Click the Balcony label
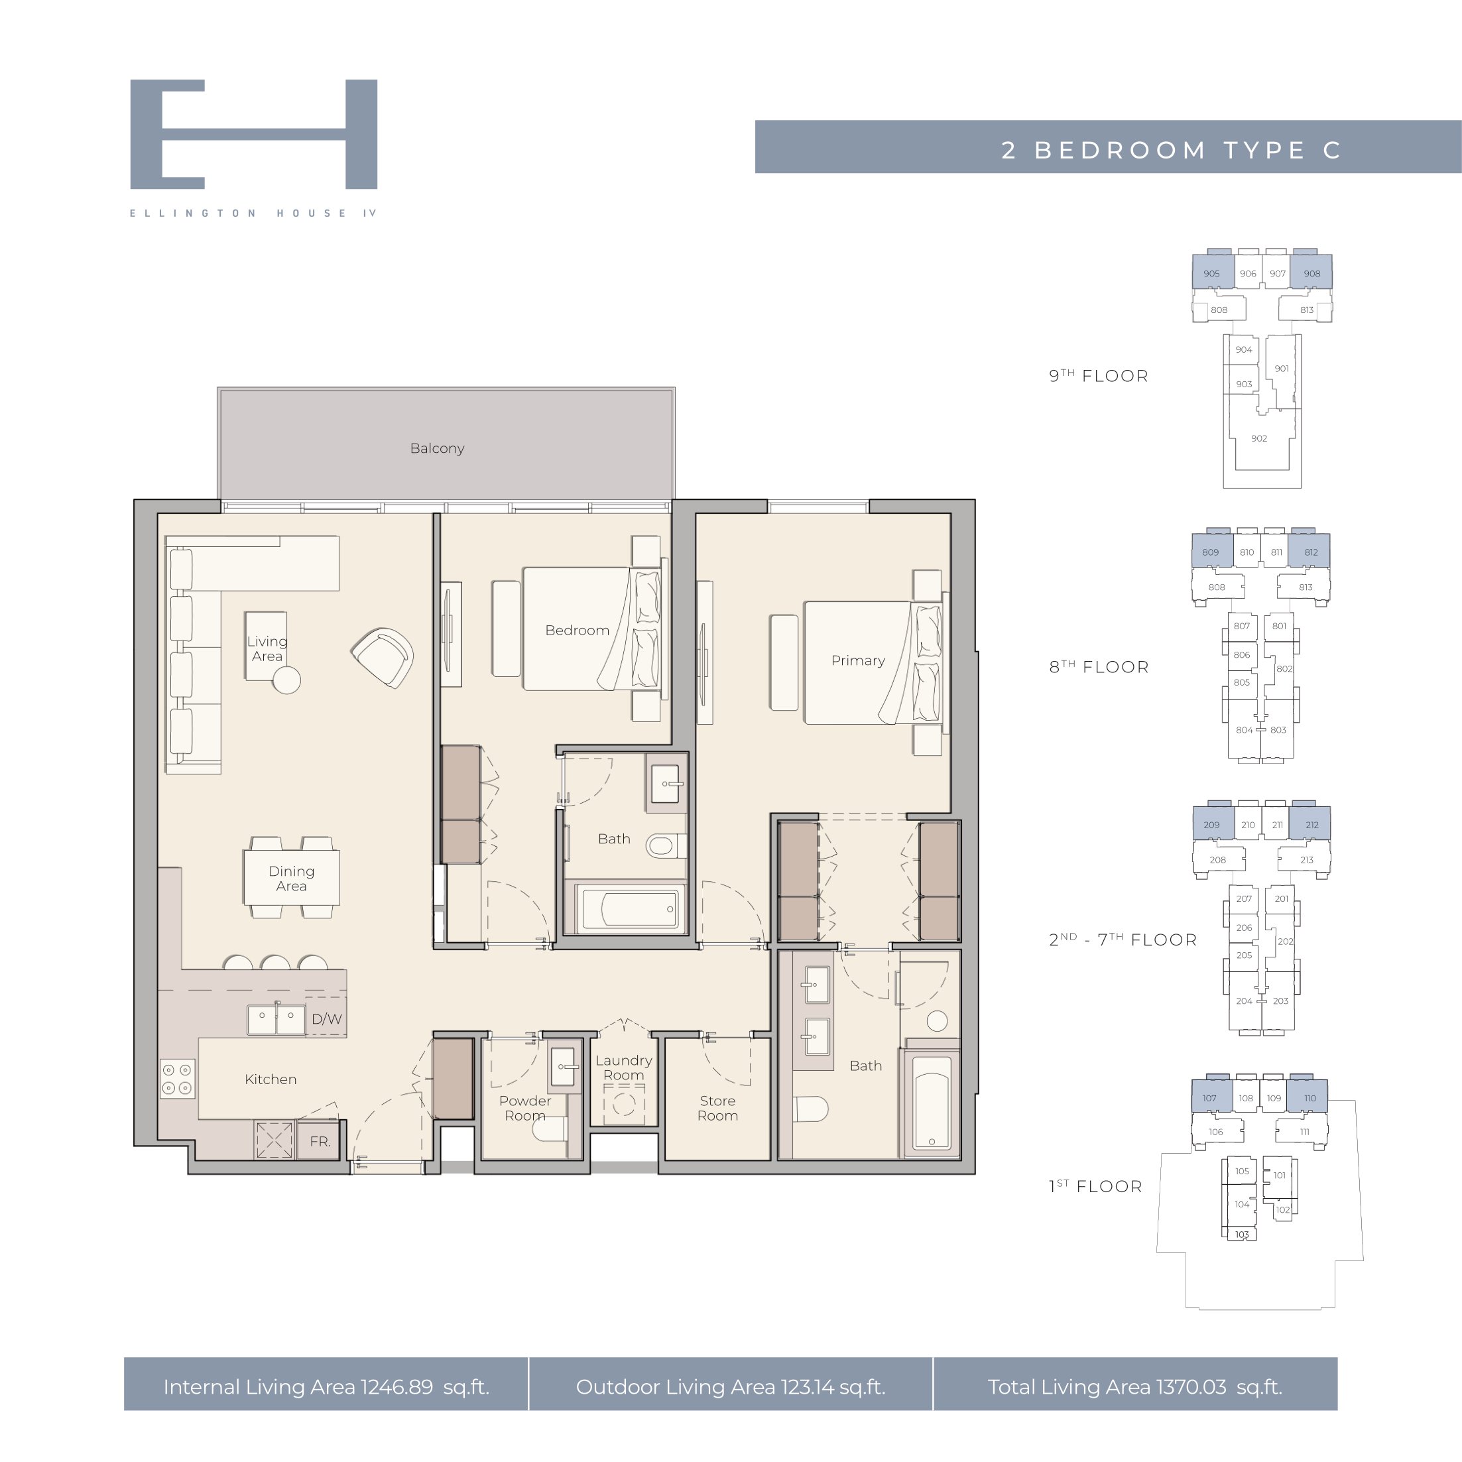click(x=437, y=448)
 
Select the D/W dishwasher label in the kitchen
click(x=326, y=1019)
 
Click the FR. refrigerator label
click(x=320, y=1141)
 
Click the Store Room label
click(x=717, y=1108)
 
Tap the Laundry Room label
click(x=623, y=1067)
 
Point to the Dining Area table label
click(x=291, y=879)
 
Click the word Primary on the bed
click(x=858, y=660)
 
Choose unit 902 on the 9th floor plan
click(x=1259, y=438)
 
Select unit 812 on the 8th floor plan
click(x=1311, y=552)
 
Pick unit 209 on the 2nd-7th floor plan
click(x=1211, y=825)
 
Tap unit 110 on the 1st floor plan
click(x=1310, y=1098)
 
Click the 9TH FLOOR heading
click(x=1098, y=375)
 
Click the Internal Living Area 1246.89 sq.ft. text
click(x=326, y=1387)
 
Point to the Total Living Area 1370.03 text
click(x=1107, y=1387)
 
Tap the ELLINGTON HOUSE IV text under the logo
click(x=253, y=213)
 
